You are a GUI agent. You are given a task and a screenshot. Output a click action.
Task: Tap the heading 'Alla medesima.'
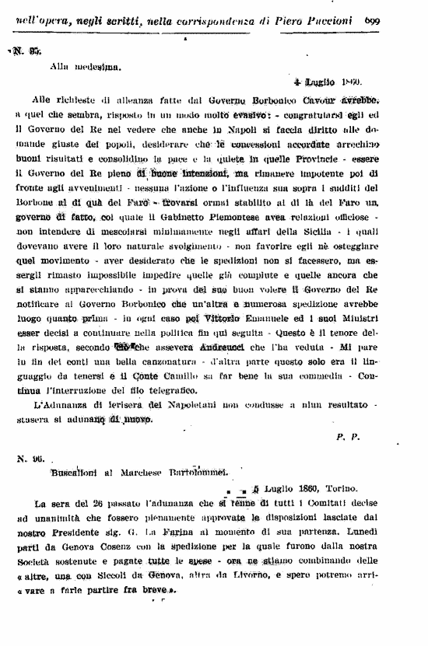click(78, 68)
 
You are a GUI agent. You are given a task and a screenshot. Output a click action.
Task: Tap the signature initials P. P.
click(347, 438)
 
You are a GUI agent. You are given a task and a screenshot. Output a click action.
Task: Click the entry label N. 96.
click(29, 459)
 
